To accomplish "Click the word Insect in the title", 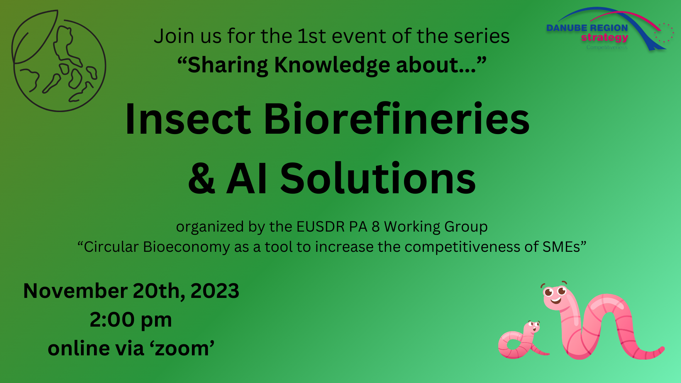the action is pos(188,119).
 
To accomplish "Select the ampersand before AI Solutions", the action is pos(201,178).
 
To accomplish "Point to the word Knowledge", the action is pos(332,65).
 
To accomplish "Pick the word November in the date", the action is pos(76,291).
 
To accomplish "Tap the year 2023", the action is pos(215,291).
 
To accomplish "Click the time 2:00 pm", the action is pos(131,320).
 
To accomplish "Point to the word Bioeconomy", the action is pos(186,247).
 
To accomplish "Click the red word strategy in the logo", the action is pos(604,38).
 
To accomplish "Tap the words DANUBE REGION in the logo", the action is pos(587,28).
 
